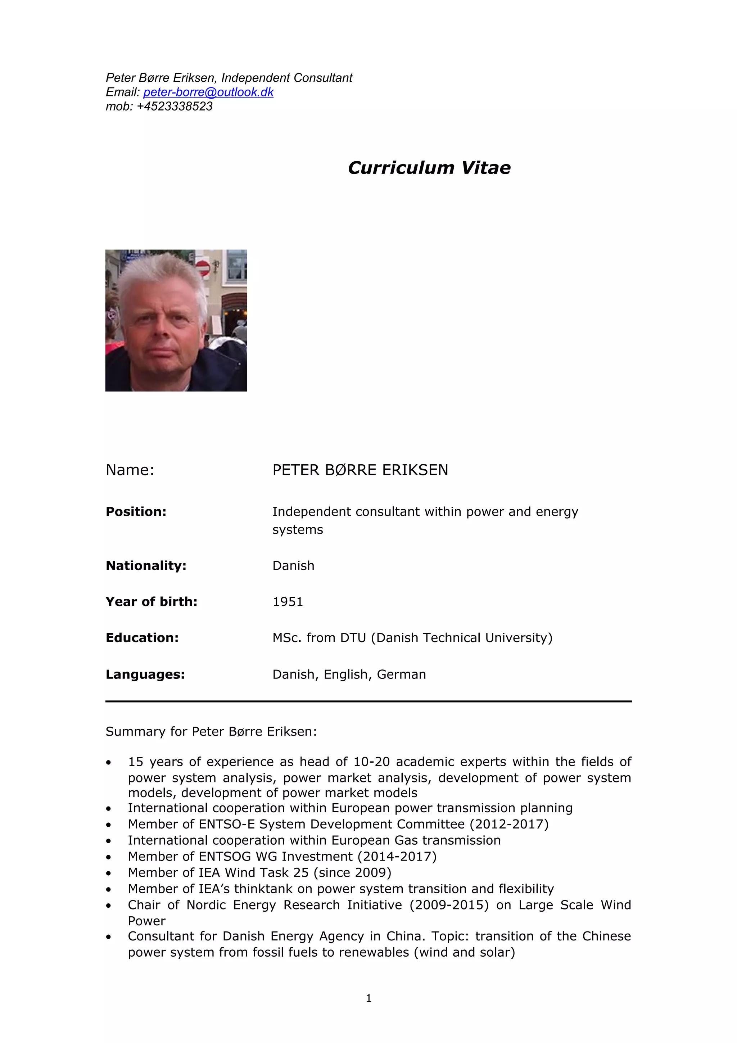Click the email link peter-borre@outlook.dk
pos(208,92)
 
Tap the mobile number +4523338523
pos(175,106)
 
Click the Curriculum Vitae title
pos(429,168)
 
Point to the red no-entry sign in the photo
pos(203,268)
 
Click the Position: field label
pos(136,511)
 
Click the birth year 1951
pos(288,601)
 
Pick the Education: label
pos(142,638)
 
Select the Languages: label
pos(145,674)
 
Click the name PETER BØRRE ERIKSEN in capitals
pos(360,470)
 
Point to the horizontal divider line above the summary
pos(368,701)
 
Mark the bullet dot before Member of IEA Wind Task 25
pos(109,873)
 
